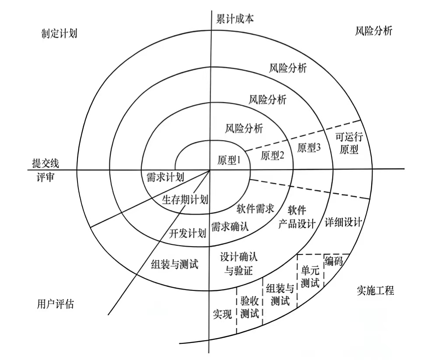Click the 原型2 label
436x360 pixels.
(273, 155)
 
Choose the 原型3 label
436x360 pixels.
(309, 148)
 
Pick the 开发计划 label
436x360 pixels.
(187, 233)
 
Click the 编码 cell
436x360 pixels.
(334, 262)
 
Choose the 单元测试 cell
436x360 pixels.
(310, 276)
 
